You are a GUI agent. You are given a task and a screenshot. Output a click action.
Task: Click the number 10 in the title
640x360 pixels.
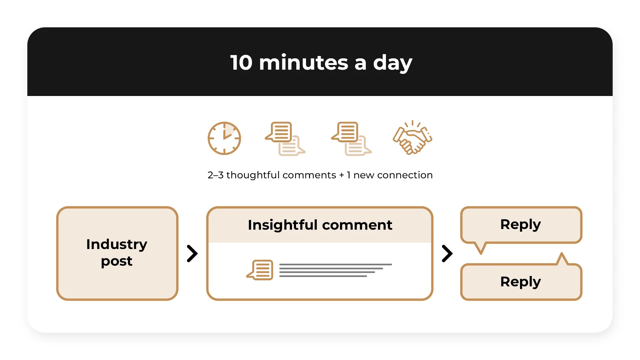[x=241, y=62]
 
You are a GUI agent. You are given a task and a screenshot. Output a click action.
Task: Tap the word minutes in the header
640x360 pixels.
[x=304, y=62]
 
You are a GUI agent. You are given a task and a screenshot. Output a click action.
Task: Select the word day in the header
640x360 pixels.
[x=392, y=63]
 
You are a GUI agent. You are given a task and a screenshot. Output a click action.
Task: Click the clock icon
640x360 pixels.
[x=224, y=138]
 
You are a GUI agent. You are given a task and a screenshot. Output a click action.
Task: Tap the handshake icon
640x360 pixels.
[x=413, y=138]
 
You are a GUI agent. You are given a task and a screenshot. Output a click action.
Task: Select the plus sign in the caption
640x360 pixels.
[x=341, y=175]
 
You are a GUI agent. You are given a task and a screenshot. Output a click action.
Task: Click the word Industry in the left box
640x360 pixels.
[x=117, y=244]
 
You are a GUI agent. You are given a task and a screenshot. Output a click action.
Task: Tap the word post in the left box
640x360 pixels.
[x=117, y=261]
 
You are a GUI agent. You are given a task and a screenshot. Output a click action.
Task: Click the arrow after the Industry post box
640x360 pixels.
[x=192, y=254]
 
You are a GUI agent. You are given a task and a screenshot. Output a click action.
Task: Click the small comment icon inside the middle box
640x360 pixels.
[x=260, y=270]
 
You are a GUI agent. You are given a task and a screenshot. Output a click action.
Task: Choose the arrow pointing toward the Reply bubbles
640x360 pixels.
[x=447, y=254]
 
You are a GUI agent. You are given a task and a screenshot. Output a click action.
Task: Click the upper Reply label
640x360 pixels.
[x=520, y=225]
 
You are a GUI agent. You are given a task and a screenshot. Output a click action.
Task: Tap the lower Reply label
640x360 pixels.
[x=520, y=282]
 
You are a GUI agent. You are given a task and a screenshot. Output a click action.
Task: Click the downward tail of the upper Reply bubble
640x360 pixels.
[x=481, y=248]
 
